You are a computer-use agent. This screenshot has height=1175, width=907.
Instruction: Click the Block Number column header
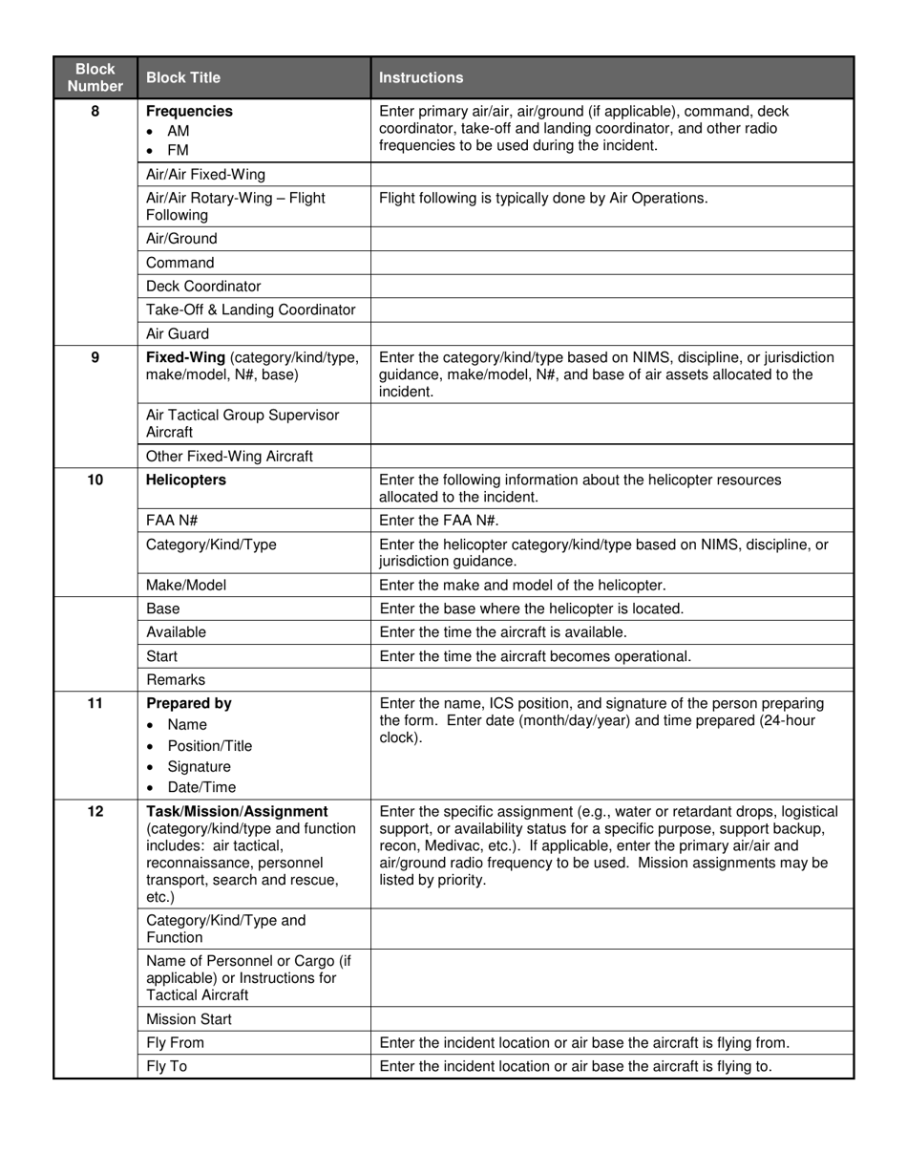click(x=95, y=77)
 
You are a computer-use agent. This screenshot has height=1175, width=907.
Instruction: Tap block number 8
click(x=95, y=111)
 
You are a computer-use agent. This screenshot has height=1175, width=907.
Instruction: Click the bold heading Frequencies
click(x=189, y=111)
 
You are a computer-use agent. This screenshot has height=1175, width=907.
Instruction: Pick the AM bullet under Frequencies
click(x=178, y=131)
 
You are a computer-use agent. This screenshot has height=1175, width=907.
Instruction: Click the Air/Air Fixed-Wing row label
click(x=205, y=175)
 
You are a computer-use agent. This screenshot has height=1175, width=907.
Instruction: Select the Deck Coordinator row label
click(x=203, y=287)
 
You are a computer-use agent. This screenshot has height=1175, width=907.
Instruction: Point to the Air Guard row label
click(x=178, y=334)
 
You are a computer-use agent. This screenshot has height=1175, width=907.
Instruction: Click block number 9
click(x=95, y=357)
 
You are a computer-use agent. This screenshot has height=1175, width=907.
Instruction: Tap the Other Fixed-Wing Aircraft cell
click(x=229, y=457)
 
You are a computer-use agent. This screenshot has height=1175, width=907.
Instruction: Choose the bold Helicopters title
click(x=186, y=480)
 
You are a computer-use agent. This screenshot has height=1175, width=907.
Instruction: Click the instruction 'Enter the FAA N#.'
click(x=439, y=521)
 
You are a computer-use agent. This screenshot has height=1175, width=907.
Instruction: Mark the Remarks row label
click(x=176, y=680)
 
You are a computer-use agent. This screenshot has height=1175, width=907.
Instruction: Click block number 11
click(x=95, y=703)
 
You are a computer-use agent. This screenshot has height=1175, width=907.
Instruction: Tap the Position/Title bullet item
click(x=209, y=746)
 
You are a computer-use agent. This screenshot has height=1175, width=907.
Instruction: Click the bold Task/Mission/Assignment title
click(x=237, y=811)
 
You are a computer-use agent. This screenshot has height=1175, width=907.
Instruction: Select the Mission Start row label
click(x=189, y=1019)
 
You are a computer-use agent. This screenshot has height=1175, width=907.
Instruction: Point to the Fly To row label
click(x=166, y=1066)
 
